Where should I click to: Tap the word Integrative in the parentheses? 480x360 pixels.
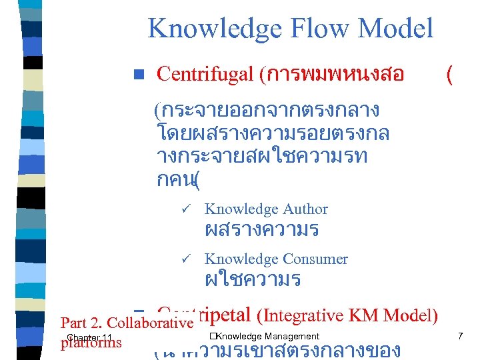tap(309, 315)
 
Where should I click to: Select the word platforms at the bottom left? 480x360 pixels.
tap(91, 343)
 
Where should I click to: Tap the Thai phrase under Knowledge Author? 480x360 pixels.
tap(261, 231)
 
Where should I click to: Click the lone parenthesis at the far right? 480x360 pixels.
tap(450, 75)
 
